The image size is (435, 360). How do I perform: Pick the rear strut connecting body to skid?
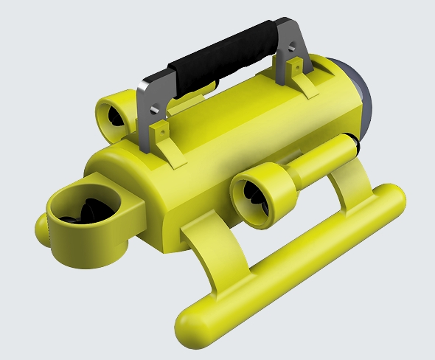[354, 184]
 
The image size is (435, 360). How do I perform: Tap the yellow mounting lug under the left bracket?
[161, 139]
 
